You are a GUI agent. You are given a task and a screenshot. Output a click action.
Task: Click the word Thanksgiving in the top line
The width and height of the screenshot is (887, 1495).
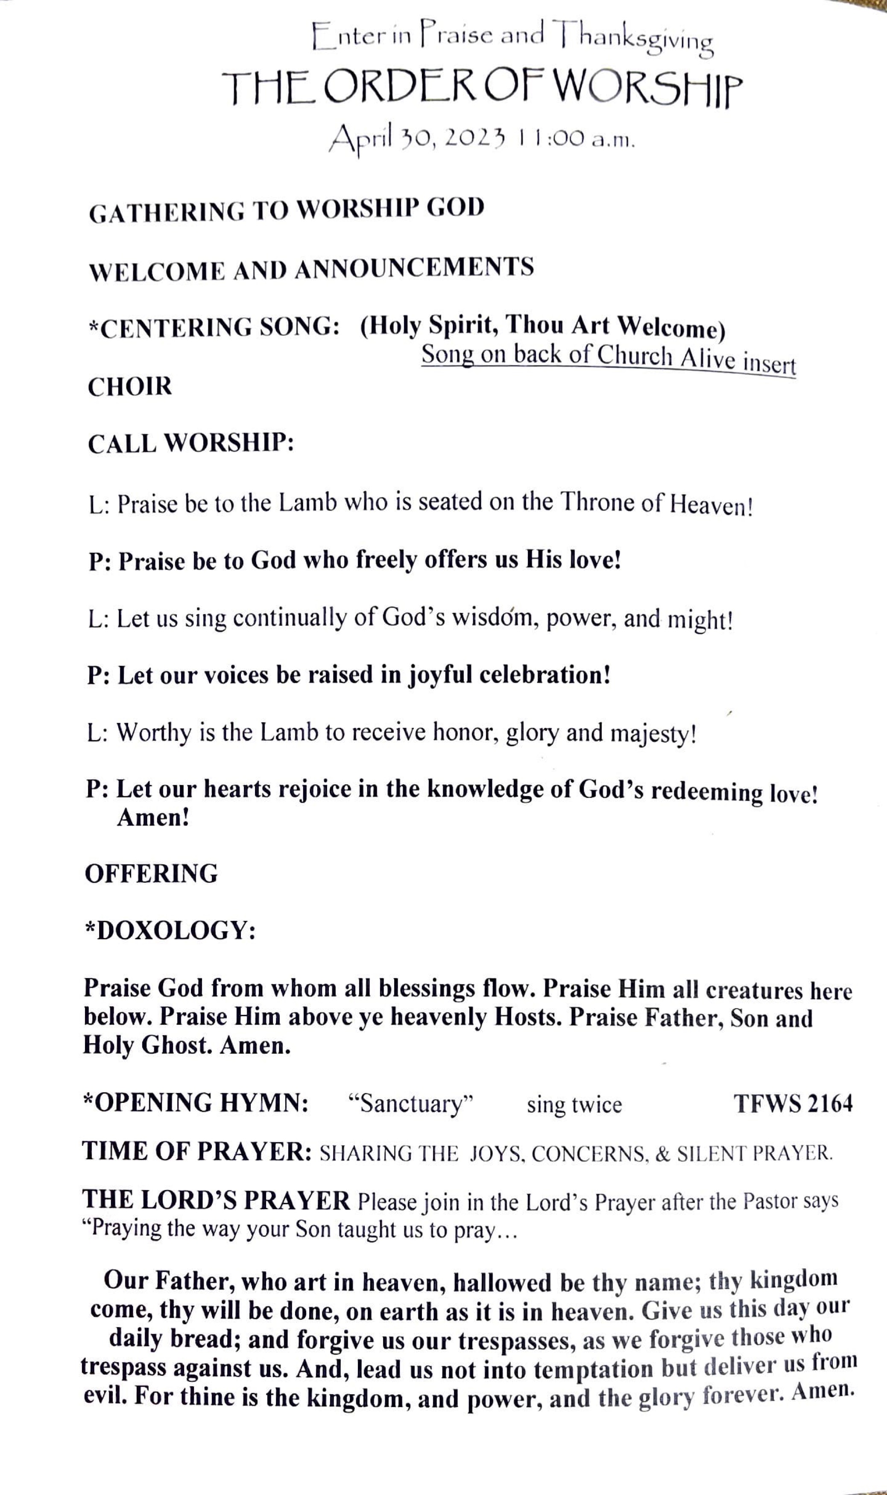pyautogui.click(x=634, y=39)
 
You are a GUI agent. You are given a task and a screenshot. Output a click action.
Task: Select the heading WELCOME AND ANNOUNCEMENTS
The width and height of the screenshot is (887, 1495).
pyautogui.click(x=311, y=270)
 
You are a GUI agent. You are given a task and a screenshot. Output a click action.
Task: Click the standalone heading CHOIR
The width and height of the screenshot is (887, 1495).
pyautogui.click(x=130, y=387)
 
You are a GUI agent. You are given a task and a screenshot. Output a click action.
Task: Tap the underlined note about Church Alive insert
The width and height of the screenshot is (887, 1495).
pyautogui.click(x=609, y=358)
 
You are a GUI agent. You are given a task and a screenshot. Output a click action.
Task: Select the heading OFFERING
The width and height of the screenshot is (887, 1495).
pyautogui.click(x=151, y=874)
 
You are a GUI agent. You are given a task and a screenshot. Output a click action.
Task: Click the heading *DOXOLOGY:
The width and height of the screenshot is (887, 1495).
pyautogui.click(x=170, y=931)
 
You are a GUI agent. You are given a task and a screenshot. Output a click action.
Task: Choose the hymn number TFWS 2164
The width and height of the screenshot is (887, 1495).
pyautogui.click(x=793, y=1103)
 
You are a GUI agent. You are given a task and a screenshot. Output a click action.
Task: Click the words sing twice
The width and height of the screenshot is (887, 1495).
pyautogui.click(x=574, y=1105)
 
